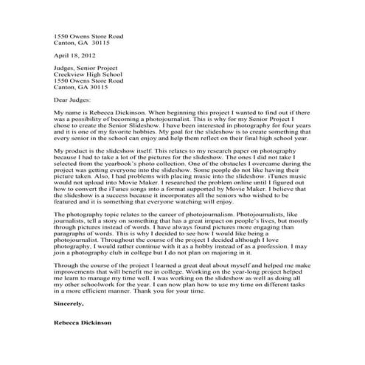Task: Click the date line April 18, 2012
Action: click(72, 55)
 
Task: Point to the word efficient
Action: click(100, 290)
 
